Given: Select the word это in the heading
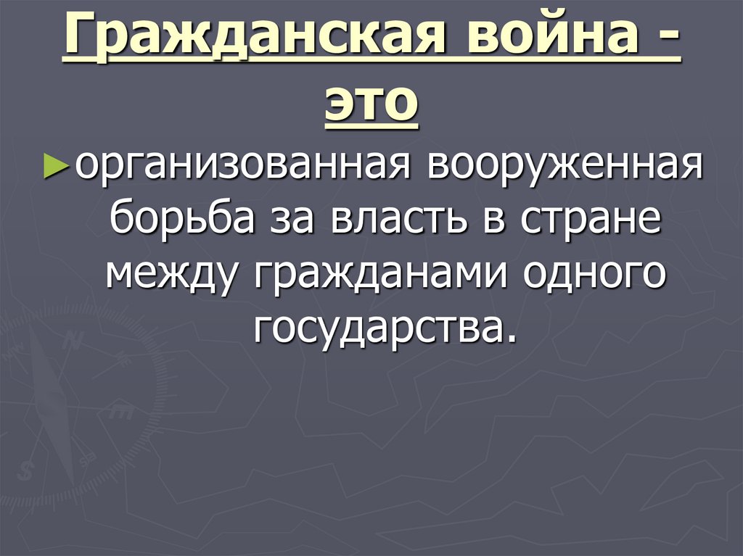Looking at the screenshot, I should (x=371, y=106).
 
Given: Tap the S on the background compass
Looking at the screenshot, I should (x=27, y=469).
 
